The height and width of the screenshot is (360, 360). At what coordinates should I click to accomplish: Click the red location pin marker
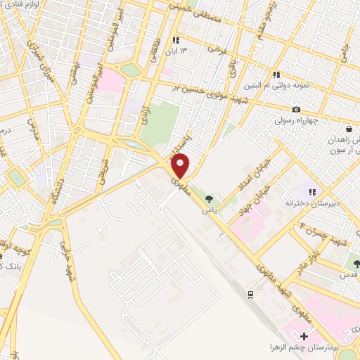click(181, 166)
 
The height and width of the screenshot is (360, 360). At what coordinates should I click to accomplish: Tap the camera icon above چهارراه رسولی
click(296, 109)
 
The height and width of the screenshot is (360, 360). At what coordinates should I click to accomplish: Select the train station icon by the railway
click(250, 293)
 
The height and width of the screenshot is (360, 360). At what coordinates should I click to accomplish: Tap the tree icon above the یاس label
click(207, 199)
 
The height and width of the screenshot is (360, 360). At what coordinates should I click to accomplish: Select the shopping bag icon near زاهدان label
click(349, 129)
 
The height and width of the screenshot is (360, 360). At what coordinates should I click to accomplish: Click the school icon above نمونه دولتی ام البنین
click(278, 74)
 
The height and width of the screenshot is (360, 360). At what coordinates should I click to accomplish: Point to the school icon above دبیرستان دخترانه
click(312, 191)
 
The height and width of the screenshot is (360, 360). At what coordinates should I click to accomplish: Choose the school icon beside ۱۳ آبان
click(176, 40)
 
